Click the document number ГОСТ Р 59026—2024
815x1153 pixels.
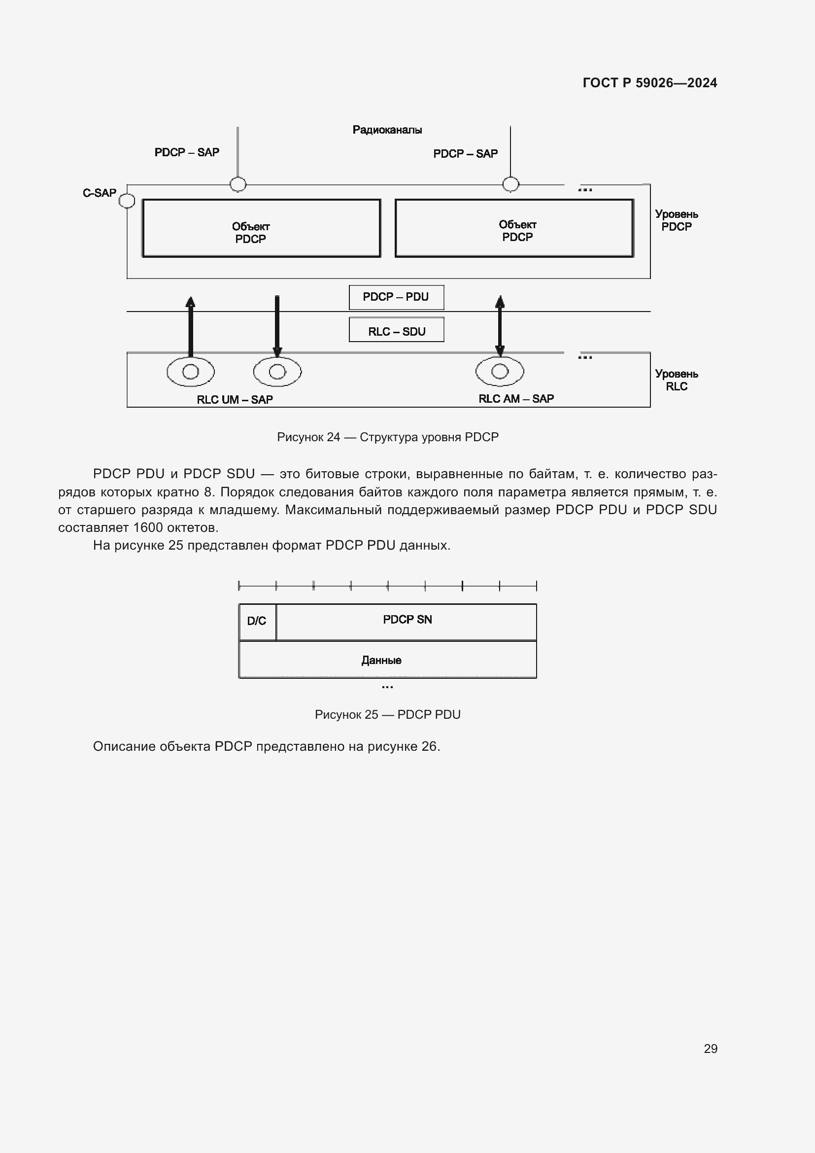(649, 83)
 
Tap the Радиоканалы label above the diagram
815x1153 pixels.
(387, 130)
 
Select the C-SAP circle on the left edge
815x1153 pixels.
(127, 201)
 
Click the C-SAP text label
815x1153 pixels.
(100, 193)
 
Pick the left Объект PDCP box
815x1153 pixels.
(261, 229)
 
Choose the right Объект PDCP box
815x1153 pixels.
(514, 229)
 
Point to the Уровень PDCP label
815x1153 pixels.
(676, 220)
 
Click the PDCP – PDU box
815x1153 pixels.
(396, 297)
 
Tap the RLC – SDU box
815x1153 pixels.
(396, 331)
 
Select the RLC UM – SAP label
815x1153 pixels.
(235, 400)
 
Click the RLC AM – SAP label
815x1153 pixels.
(516, 399)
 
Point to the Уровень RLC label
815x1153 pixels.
(676, 380)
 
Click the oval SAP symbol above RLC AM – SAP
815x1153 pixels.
(499, 372)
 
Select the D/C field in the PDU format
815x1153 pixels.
(257, 622)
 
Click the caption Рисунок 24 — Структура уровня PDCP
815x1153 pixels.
(387, 437)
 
